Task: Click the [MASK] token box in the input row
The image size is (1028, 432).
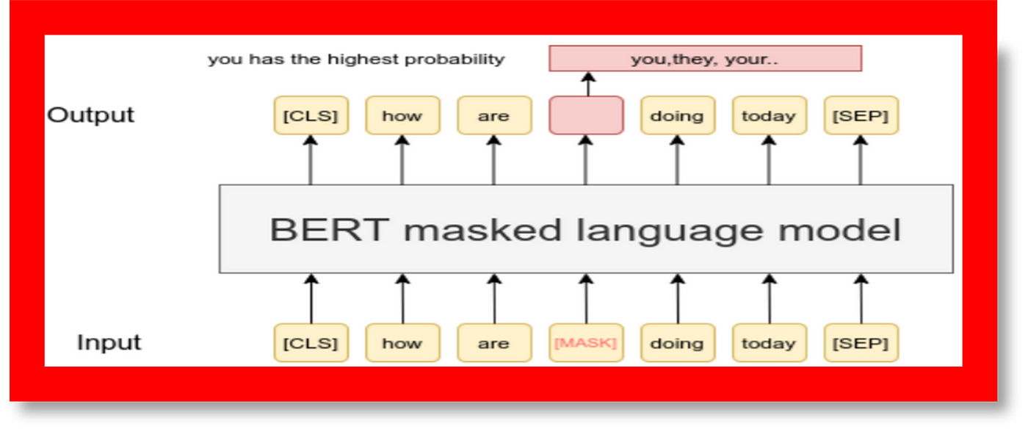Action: [586, 343]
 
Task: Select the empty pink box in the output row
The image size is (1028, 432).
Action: [586, 115]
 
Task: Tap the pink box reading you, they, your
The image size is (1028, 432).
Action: [705, 58]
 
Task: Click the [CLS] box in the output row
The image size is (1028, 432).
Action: [311, 115]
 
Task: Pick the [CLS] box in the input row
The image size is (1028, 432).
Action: [311, 343]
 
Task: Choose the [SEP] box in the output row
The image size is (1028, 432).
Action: [861, 115]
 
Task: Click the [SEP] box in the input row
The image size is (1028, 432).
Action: [861, 343]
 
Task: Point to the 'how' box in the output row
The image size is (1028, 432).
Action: [402, 115]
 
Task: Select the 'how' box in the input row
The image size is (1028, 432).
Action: [402, 343]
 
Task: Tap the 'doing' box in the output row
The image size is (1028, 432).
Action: [677, 115]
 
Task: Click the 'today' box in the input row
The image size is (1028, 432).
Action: [770, 343]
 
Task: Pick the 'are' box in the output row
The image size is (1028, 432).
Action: [494, 115]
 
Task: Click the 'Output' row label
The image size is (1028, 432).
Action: [91, 115]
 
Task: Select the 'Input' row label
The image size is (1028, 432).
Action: [109, 342]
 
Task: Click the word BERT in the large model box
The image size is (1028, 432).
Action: [330, 229]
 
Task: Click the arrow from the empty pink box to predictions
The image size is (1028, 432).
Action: [588, 84]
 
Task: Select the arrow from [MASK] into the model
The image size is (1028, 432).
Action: [586, 298]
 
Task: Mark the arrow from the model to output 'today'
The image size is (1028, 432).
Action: [770, 159]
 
